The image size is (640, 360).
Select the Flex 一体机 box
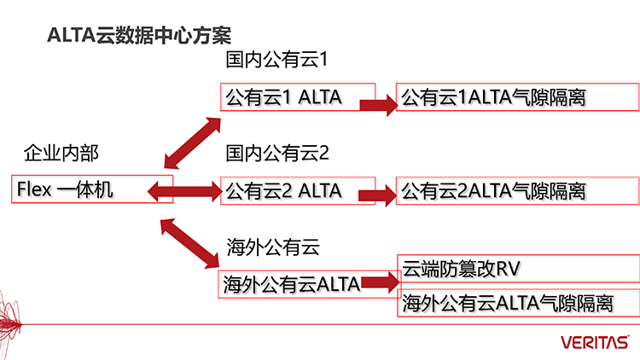coord(92,189)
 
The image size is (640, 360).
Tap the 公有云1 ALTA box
coord(297,97)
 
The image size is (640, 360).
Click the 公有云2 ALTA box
coord(297,189)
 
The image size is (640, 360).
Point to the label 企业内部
coord(61,154)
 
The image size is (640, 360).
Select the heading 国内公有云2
coord(276,154)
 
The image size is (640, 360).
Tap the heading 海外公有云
coord(272,247)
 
